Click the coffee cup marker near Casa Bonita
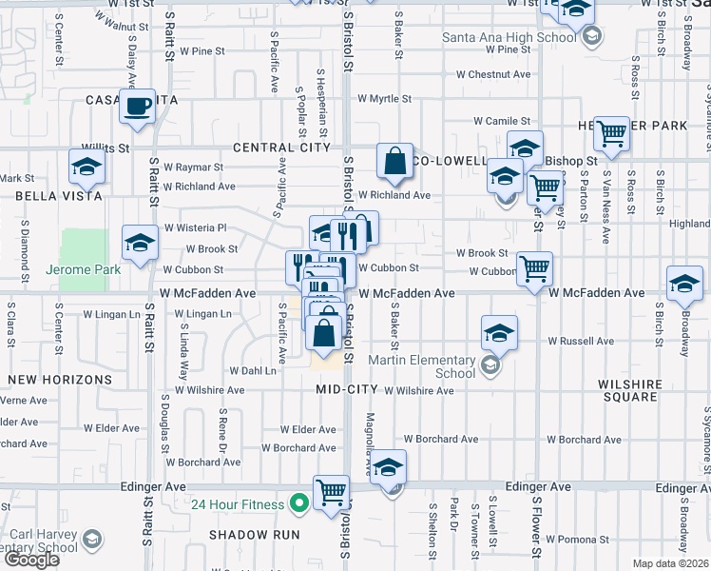click(x=138, y=106)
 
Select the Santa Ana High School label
click(x=509, y=38)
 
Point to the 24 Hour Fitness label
click(x=237, y=504)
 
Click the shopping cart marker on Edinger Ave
click(x=331, y=493)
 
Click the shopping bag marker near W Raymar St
click(x=394, y=160)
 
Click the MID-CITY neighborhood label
click(x=347, y=390)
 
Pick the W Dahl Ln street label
click(x=252, y=371)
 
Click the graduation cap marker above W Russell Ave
click(x=499, y=332)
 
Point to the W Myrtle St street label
click(x=384, y=98)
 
